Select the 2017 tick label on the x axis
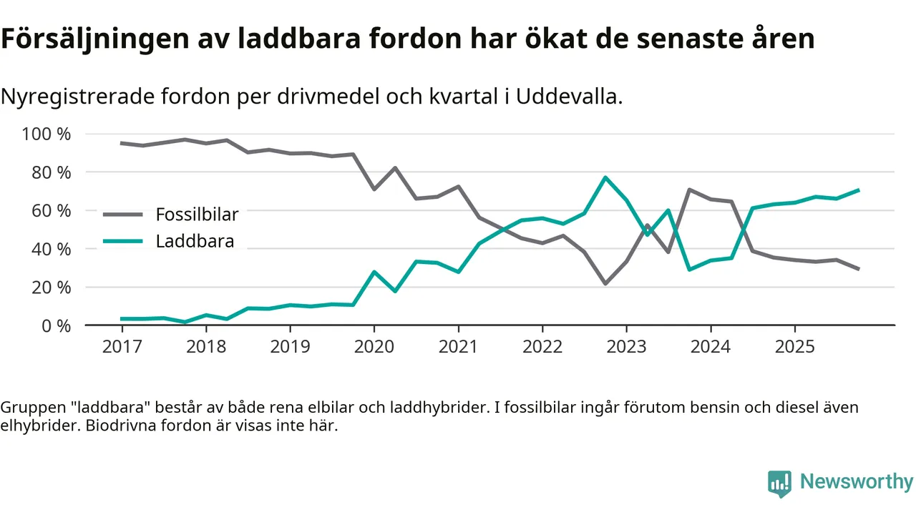click(x=122, y=347)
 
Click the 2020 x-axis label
click(x=374, y=347)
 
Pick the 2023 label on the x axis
click(x=626, y=347)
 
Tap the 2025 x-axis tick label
click(x=794, y=347)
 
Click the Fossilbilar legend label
click(x=197, y=214)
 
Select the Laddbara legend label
click(x=195, y=241)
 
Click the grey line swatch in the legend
click(x=124, y=214)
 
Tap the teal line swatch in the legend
click(x=124, y=241)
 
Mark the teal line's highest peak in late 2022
click(x=605, y=177)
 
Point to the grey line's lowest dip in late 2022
click(x=605, y=284)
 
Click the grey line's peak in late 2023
click(x=689, y=190)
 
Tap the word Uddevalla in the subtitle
click(x=570, y=97)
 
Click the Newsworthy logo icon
click(x=779, y=483)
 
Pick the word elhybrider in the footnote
click(x=36, y=426)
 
